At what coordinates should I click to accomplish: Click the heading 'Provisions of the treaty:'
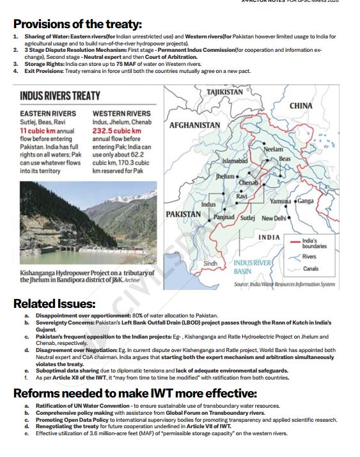point(77,24)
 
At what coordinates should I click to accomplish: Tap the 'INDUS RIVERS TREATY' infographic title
point(60,96)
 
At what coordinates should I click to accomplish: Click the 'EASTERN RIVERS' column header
point(48,113)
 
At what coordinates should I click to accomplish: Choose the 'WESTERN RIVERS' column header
point(121,113)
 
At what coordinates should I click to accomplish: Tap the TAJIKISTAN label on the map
point(225,92)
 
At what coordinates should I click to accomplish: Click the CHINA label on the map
point(301,105)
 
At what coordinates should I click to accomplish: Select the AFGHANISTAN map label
point(195,125)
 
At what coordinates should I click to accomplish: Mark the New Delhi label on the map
point(274,218)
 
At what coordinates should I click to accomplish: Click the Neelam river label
point(273,149)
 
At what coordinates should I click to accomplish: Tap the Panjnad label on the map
point(224,218)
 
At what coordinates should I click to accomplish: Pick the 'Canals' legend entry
point(310,269)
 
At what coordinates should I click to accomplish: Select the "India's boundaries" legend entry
point(314,243)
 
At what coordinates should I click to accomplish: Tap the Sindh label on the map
point(210,263)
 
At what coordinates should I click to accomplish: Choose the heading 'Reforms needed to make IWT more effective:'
point(135,392)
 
